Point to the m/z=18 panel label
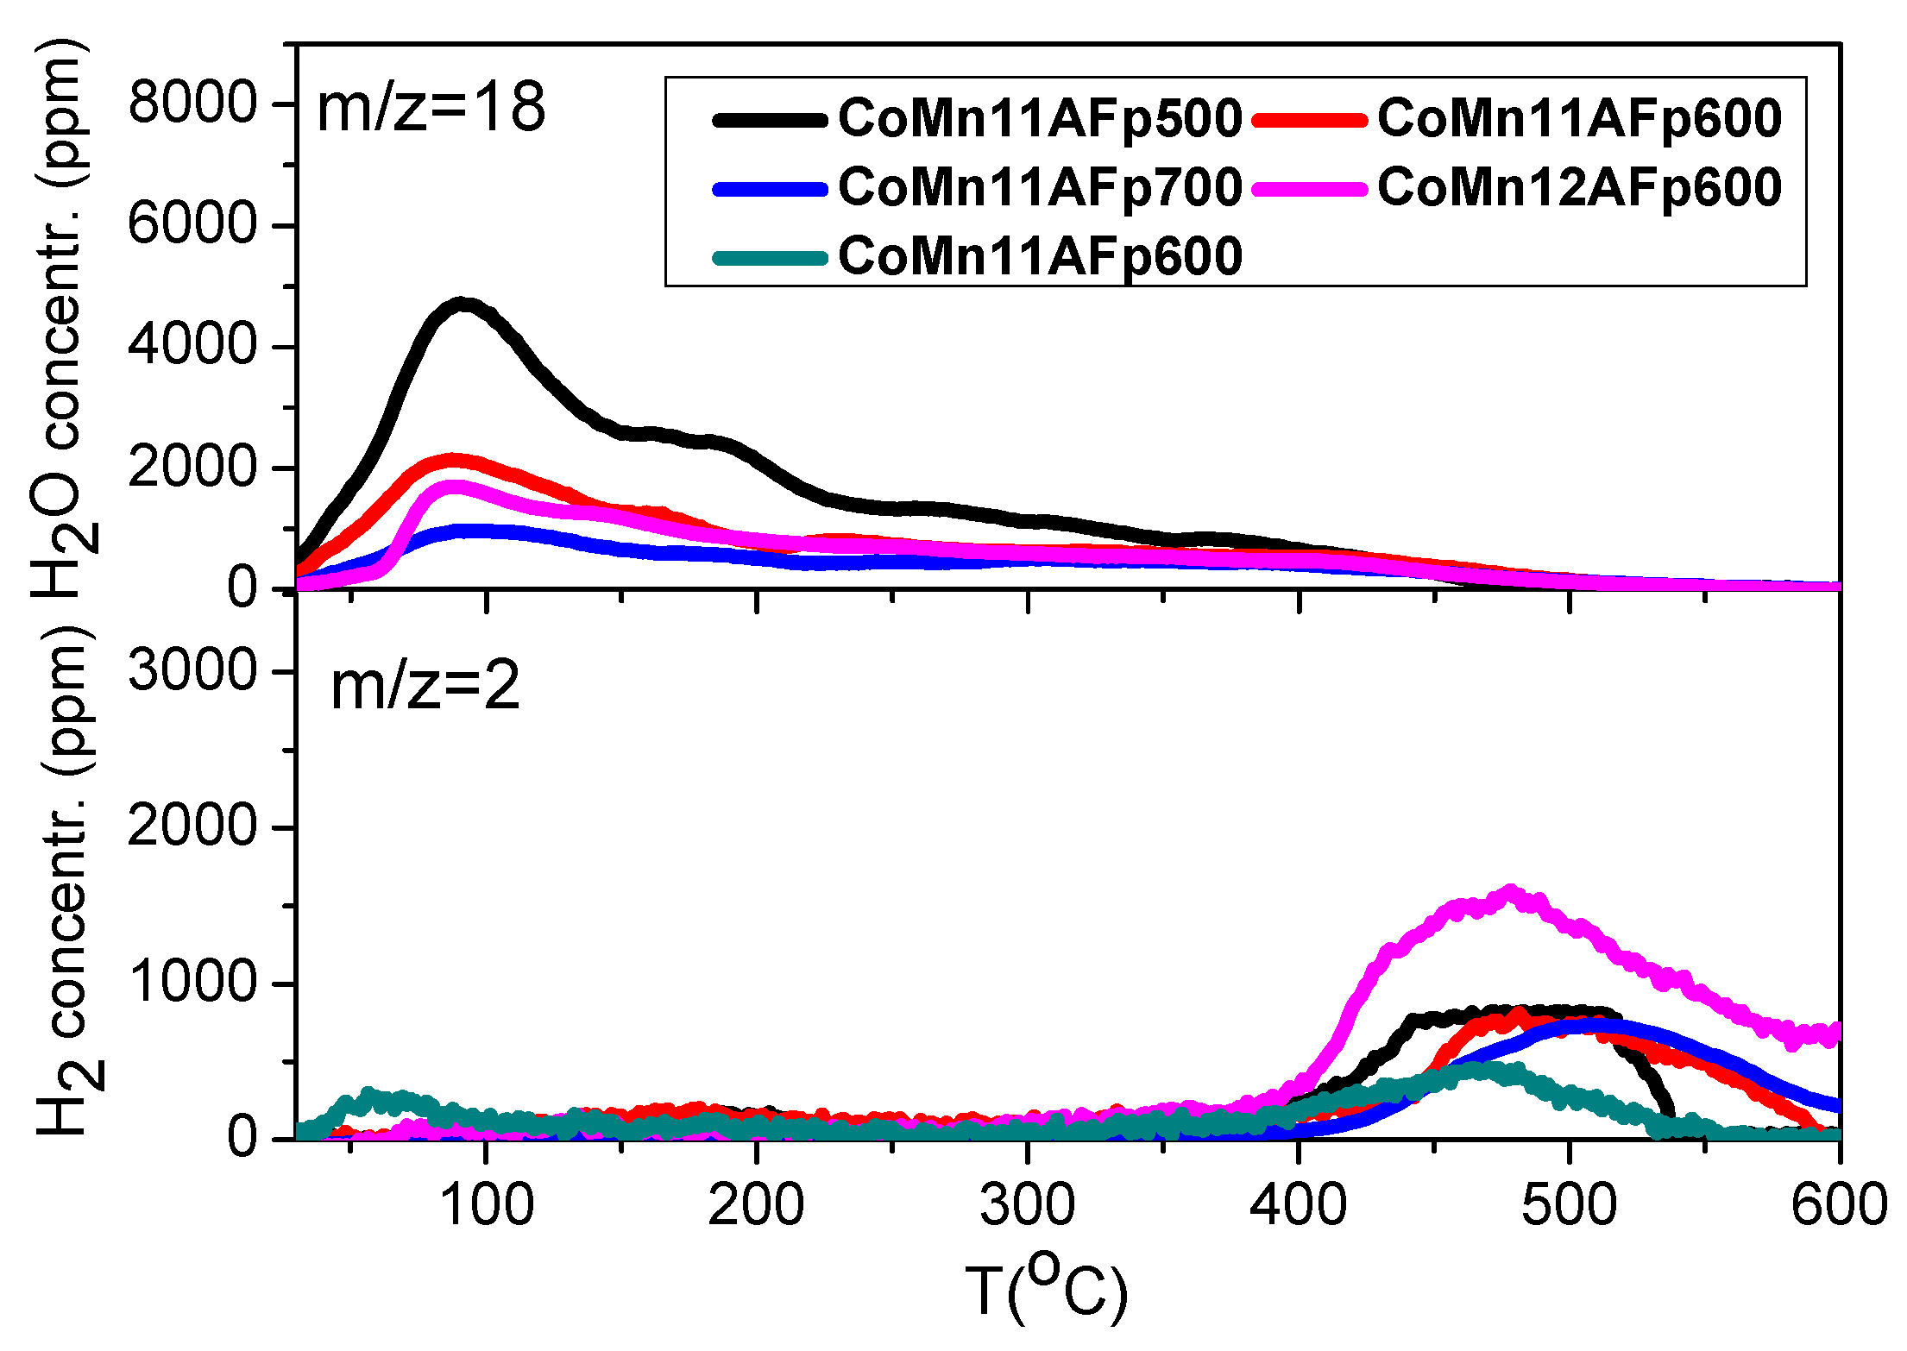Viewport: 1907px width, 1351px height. tap(431, 108)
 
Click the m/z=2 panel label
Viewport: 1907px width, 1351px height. tap(425, 688)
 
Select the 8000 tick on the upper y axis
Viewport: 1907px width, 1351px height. tap(192, 104)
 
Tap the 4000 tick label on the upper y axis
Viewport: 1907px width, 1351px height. tap(192, 346)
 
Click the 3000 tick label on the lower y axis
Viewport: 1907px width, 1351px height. tap(192, 670)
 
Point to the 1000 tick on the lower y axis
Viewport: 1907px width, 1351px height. tap(192, 983)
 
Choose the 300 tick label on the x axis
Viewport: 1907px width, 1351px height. tap(1027, 1204)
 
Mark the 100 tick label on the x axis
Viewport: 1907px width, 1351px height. tap(487, 1204)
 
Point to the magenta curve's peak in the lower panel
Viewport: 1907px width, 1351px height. tap(1509, 892)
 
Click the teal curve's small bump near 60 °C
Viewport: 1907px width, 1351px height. tap(369, 1095)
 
